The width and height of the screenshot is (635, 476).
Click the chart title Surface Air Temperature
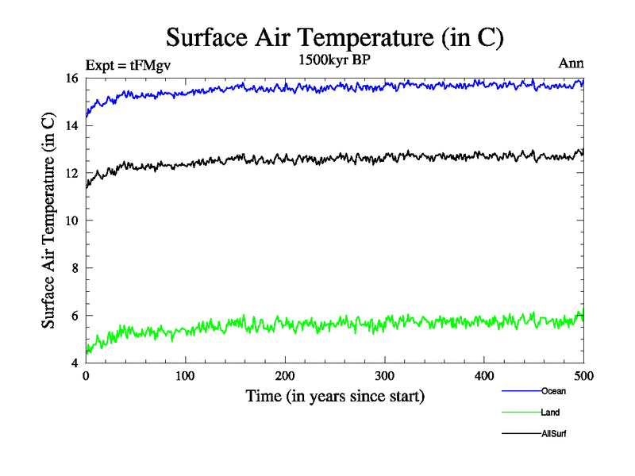tap(334, 36)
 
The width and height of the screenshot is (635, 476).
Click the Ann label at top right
tap(571, 65)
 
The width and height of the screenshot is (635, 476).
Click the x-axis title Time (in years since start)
tap(334, 396)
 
